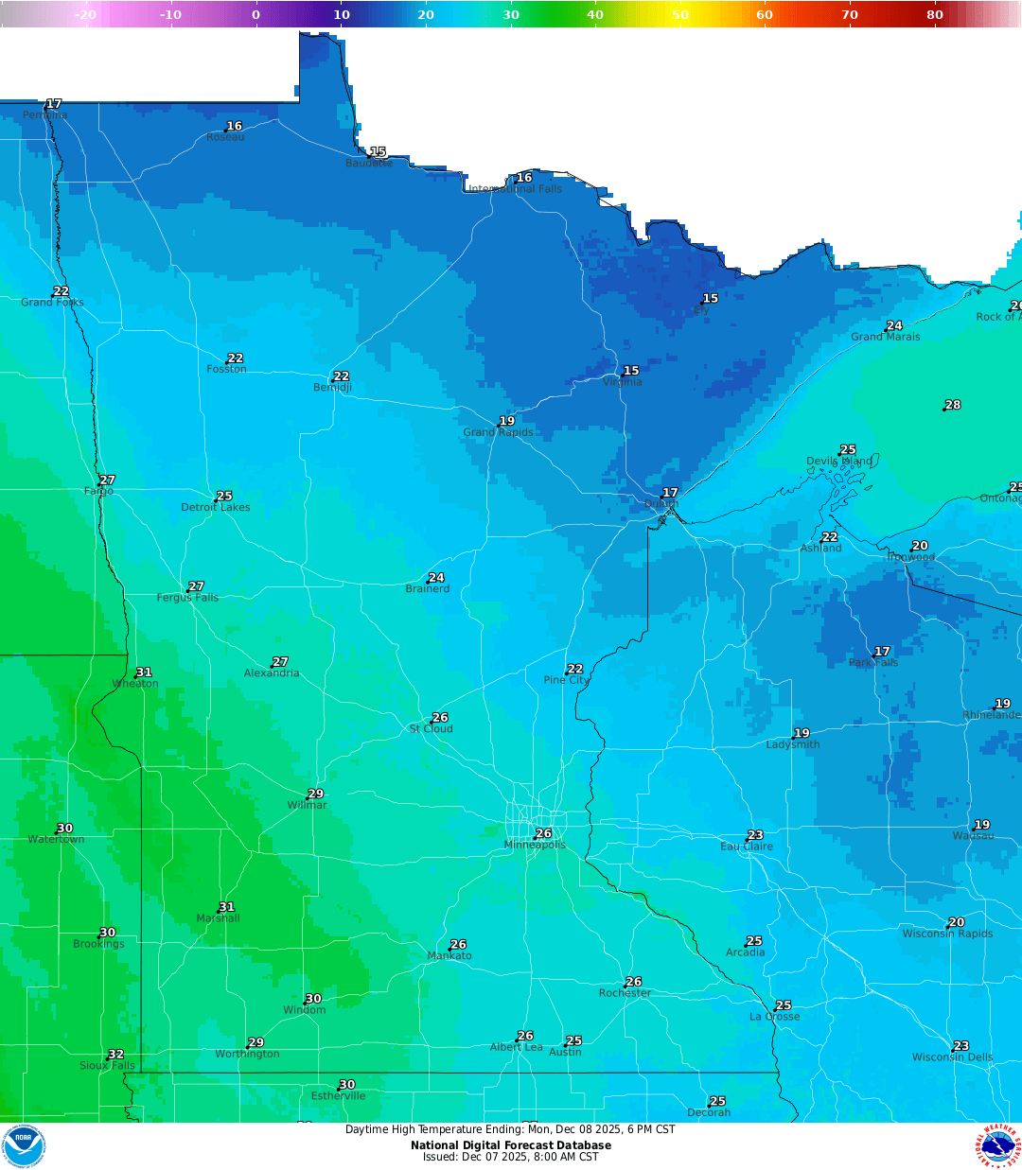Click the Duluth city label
point(661,504)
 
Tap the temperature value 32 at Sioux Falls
point(115,1054)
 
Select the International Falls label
point(516,189)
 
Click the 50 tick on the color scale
point(680,14)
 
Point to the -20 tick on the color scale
point(85,14)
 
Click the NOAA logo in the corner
point(23,1146)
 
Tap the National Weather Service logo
point(999,1146)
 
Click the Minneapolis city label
point(535,845)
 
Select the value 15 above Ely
point(711,298)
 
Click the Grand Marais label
point(885,337)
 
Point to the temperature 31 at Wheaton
point(144,672)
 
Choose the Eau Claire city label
point(747,847)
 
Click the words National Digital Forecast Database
point(511,1145)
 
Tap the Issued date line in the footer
point(511,1157)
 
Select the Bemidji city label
point(332,388)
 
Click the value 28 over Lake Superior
point(953,405)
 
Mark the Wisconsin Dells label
point(952,1057)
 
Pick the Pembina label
point(45,115)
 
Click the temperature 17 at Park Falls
point(882,652)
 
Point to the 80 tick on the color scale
point(935,14)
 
